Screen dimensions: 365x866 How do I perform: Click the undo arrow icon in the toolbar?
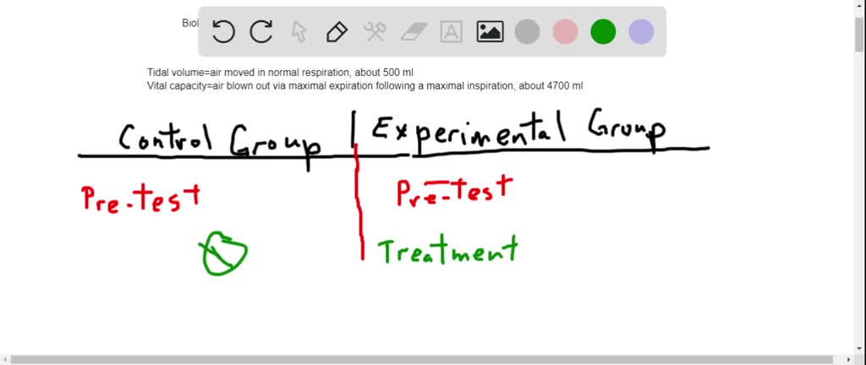pos(223,32)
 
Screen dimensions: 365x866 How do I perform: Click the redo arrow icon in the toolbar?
pos(261,32)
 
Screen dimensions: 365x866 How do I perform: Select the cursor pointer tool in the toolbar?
pos(299,32)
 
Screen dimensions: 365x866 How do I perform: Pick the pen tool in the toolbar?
pos(337,32)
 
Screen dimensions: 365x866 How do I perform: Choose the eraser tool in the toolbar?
pos(414,32)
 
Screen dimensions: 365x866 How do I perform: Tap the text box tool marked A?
pos(452,32)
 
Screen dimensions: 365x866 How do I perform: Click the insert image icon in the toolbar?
pos(490,32)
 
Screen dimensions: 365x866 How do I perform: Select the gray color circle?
pos(528,32)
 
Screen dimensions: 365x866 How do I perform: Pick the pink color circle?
pos(565,32)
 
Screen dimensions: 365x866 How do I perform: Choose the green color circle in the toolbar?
pos(603,32)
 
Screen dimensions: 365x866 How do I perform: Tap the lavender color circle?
pos(641,32)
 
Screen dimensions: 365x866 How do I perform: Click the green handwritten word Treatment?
pos(447,251)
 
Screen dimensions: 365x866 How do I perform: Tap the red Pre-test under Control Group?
pos(141,198)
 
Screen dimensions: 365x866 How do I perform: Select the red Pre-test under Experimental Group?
pos(455,190)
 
